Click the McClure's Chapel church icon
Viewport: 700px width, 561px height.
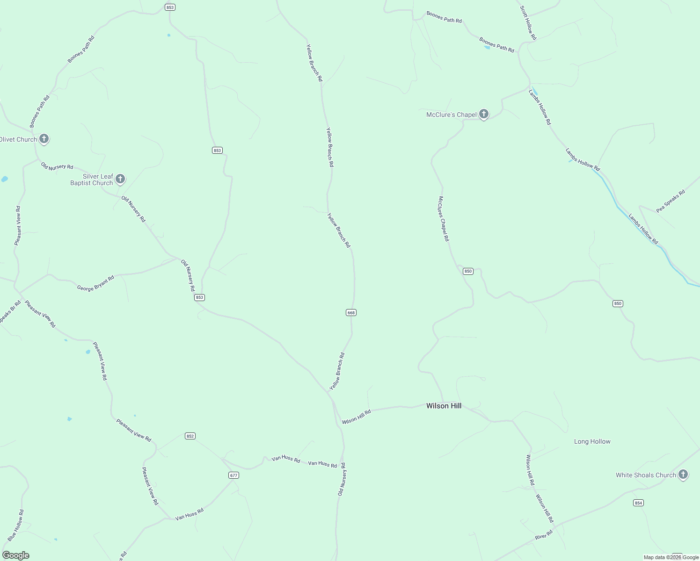[484, 114]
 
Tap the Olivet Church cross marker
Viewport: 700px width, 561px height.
[44, 139]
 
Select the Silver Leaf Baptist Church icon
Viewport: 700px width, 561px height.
[120, 179]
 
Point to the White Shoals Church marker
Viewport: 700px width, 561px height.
[683, 475]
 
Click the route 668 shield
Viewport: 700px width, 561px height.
[351, 312]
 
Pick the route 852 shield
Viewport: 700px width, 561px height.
[190, 436]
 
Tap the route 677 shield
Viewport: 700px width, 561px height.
[234, 475]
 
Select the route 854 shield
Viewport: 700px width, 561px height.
[639, 503]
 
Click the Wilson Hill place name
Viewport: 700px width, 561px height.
[444, 406]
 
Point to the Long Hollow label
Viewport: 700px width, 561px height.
[592, 441]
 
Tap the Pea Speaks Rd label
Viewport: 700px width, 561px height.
[670, 201]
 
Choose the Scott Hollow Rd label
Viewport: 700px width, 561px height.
[528, 22]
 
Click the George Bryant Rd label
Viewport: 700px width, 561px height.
[95, 284]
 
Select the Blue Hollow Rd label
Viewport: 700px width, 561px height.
[15, 525]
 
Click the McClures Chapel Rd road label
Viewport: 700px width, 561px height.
[444, 218]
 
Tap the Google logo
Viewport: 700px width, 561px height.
[15, 555]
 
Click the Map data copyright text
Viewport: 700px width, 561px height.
[671, 557]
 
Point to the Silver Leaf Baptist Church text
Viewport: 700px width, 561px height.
[92, 180]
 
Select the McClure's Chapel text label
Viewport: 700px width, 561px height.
[451, 115]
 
